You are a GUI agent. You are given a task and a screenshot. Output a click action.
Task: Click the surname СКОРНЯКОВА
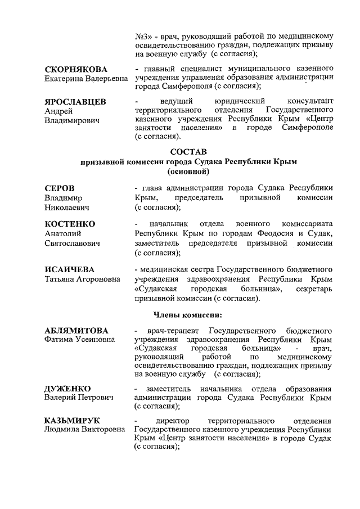tap(75, 69)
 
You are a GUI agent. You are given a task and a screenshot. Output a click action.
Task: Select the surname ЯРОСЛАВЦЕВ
tap(76, 101)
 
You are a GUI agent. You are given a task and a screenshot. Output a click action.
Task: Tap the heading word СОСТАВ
tap(188, 152)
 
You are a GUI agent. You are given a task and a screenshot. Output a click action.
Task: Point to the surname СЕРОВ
tap(60, 188)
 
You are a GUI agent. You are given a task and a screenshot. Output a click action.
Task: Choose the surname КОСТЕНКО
tap(70, 224)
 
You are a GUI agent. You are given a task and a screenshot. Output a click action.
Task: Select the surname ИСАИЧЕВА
tap(69, 269)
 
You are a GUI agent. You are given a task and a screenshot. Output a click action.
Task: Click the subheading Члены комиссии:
tap(188, 314)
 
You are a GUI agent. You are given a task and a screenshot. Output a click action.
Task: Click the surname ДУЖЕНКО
tap(67, 388)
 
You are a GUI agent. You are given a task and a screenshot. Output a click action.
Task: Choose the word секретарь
tap(312, 289)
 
